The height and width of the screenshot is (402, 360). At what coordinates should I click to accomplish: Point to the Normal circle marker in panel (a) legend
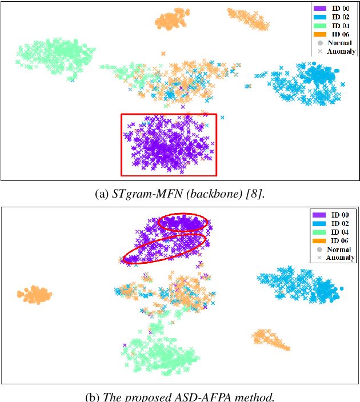click(320, 43)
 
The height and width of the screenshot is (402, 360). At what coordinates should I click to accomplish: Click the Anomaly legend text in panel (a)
click(342, 51)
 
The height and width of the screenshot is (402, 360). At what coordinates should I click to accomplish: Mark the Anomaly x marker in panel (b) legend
click(320, 258)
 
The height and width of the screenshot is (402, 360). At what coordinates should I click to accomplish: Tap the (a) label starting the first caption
click(101, 194)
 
